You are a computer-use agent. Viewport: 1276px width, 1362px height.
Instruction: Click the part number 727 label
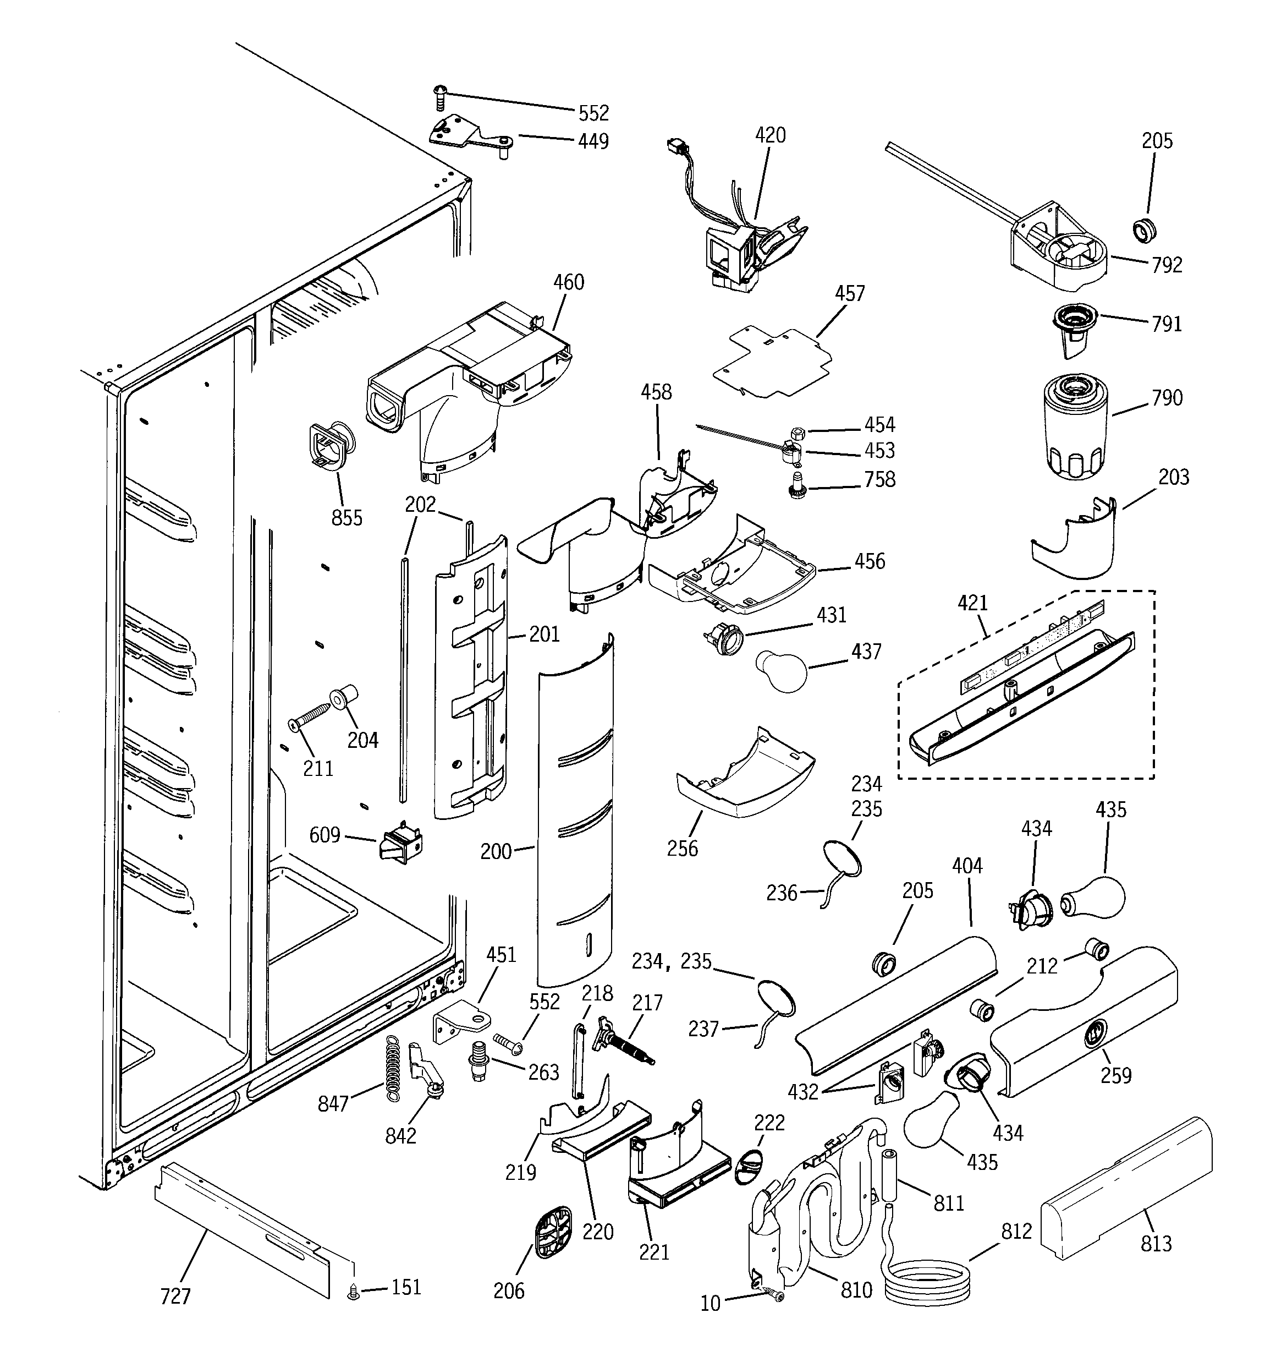[x=175, y=1295]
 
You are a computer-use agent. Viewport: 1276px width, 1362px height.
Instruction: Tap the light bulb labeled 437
[x=782, y=672]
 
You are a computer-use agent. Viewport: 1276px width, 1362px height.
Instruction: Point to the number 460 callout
[x=569, y=282]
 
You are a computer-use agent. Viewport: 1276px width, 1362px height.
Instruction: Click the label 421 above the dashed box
[x=972, y=603]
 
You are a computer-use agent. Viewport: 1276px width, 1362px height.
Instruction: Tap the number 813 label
[x=1156, y=1243]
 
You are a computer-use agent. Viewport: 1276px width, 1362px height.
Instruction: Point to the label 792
[x=1167, y=265]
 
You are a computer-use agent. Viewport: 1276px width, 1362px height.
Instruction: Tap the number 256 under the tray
[x=682, y=848]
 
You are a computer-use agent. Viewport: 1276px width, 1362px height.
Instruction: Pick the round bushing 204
[x=340, y=698]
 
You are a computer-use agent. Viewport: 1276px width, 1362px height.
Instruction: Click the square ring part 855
[x=331, y=446]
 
